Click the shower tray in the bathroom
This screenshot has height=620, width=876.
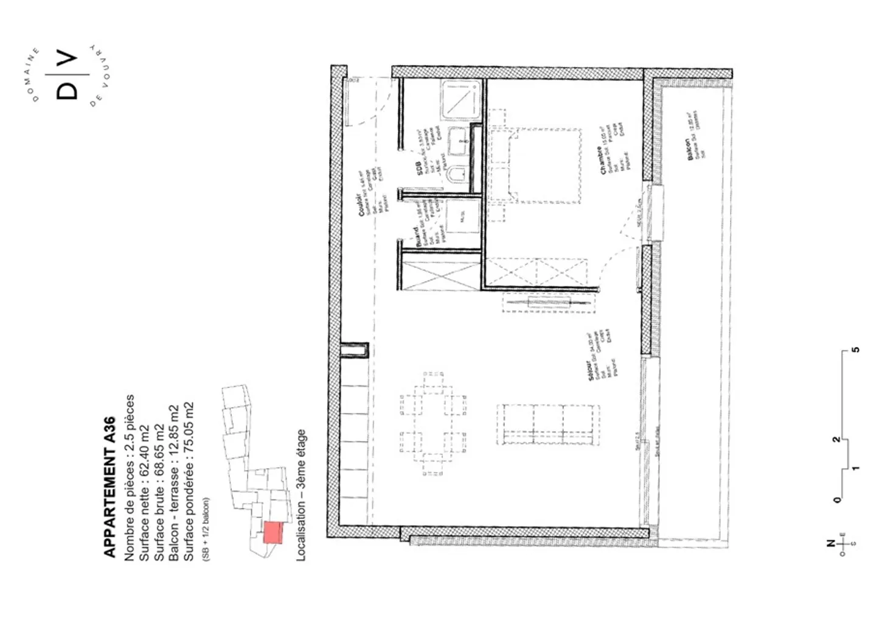point(462,101)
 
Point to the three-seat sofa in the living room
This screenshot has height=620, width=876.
point(547,424)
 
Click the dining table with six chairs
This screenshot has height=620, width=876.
point(433,422)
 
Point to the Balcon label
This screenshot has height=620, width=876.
point(689,149)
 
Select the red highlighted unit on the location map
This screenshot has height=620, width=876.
point(273,532)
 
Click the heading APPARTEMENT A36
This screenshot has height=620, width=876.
point(109,487)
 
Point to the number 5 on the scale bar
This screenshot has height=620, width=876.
point(856,350)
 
